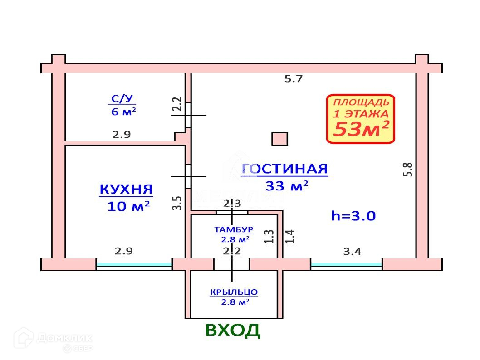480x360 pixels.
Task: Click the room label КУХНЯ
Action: click(126, 190)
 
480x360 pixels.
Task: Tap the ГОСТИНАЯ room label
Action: click(284, 169)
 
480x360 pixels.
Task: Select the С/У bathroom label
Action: click(123, 99)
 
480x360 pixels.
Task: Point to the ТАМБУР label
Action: click(234, 230)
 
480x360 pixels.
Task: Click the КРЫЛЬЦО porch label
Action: click(234, 292)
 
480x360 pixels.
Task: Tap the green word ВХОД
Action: click(233, 331)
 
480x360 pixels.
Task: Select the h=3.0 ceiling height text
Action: click(353, 216)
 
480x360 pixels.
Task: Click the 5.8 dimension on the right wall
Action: click(407, 170)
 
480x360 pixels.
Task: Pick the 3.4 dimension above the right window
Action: click(352, 252)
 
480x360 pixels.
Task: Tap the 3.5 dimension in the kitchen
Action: click(177, 202)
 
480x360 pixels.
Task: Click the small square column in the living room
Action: click(279, 139)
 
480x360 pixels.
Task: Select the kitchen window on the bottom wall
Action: click(134, 264)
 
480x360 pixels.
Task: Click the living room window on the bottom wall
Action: click(347, 264)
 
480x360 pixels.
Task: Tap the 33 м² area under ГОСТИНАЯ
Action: click(287, 185)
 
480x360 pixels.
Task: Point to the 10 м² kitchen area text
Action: click(128, 207)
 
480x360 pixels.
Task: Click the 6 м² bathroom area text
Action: click(123, 111)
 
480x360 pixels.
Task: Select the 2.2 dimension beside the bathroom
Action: click(177, 104)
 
